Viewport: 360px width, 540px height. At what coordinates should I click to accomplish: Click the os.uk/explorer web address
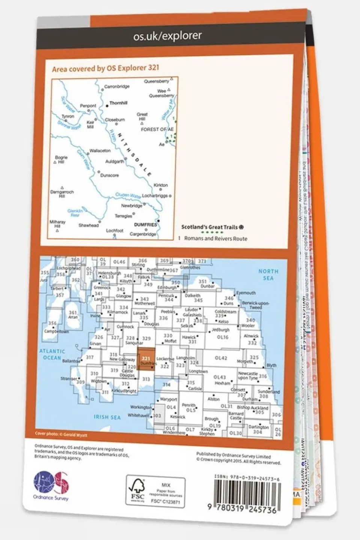pos(167,36)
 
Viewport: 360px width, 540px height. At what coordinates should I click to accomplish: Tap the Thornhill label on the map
pos(118,103)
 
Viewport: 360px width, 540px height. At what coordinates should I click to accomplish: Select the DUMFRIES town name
pos(145,225)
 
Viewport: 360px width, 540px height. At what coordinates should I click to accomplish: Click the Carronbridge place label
pos(117,87)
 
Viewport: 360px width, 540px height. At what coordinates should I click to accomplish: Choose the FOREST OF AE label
pos(157,129)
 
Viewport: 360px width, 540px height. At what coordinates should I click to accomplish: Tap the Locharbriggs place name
pos(155,196)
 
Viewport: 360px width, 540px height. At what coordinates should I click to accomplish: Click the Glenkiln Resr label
pos(75,213)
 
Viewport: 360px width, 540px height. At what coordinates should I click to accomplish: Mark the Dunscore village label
pos(110,175)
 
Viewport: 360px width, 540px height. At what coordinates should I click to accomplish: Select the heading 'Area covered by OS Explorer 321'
pos(105,68)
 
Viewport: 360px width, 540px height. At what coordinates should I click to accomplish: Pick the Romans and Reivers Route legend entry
pos(215,238)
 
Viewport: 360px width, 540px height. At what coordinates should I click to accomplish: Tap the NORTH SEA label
pos(268,274)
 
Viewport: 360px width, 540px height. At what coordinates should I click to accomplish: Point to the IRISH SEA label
pos(107,417)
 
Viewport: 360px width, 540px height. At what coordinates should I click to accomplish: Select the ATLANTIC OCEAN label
pos(52,354)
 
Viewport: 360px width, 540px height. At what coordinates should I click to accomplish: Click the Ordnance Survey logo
pos(51,484)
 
